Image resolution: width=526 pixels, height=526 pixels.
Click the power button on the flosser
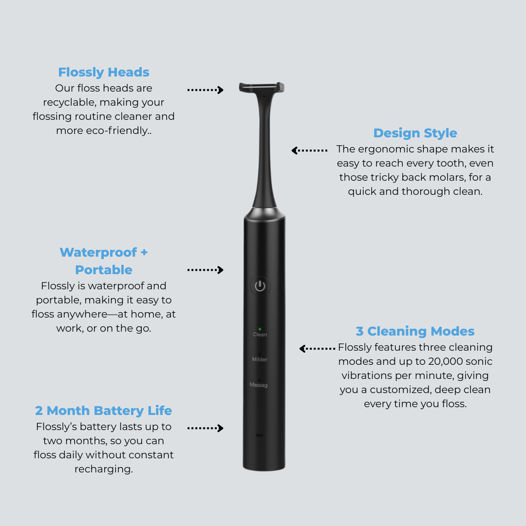pyautogui.click(x=260, y=286)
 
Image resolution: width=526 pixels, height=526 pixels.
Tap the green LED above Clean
pyautogui.click(x=260, y=329)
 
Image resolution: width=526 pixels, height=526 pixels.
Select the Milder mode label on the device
pyautogui.click(x=260, y=359)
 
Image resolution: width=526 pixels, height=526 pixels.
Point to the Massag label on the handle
pyautogui.click(x=259, y=385)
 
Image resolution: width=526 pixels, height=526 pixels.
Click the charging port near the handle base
pyautogui.click(x=259, y=435)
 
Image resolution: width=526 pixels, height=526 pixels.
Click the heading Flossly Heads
pyautogui.click(x=104, y=72)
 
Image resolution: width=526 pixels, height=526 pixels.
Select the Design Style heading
pyautogui.click(x=415, y=133)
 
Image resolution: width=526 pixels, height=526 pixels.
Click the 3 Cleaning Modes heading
pyautogui.click(x=415, y=331)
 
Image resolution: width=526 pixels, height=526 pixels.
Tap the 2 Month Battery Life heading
pyautogui.click(x=104, y=411)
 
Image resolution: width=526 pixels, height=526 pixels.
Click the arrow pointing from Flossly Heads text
pyautogui.click(x=206, y=90)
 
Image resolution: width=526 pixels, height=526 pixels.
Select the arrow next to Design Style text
pyautogui.click(x=309, y=150)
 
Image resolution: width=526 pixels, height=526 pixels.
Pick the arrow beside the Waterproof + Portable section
pyautogui.click(x=206, y=270)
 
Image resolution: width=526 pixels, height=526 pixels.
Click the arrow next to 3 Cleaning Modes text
pyautogui.click(x=317, y=348)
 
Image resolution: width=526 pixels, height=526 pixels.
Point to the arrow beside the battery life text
pyautogui.click(x=206, y=428)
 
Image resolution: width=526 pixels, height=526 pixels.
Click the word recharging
pyautogui.click(x=104, y=469)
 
